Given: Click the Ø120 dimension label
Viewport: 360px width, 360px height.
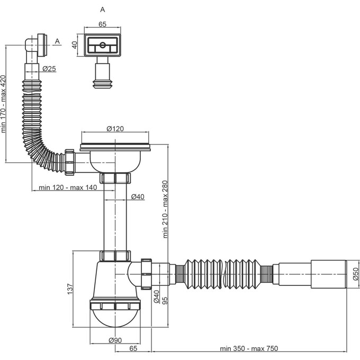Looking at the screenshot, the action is click(x=115, y=129).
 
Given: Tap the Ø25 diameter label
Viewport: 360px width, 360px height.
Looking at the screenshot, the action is click(x=49, y=69).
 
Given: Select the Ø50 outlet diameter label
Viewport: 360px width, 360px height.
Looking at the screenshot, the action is click(x=355, y=274).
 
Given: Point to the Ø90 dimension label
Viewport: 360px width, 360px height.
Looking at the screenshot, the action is click(x=115, y=340).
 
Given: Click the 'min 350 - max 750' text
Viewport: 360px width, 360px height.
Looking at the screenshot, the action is click(x=249, y=348).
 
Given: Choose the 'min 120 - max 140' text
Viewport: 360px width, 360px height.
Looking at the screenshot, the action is click(x=68, y=187).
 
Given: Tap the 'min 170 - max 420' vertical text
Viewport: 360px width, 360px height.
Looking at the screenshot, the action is click(x=3, y=104).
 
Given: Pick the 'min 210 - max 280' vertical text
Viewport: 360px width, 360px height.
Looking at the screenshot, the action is click(x=166, y=209).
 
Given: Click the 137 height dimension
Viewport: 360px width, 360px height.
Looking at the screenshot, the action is click(x=70, y=289).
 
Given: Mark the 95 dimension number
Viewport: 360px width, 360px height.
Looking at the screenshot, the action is click(x=165, y=301).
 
